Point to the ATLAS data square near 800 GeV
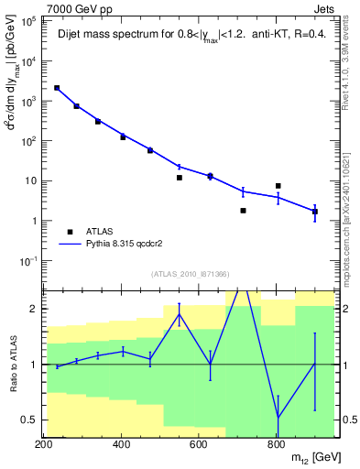278,186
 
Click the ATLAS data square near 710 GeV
243,211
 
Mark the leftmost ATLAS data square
57,88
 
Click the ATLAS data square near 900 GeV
315,212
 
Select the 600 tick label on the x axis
199,445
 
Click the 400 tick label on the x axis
121,445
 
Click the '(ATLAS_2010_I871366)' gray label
191,274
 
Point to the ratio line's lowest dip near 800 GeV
278,417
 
